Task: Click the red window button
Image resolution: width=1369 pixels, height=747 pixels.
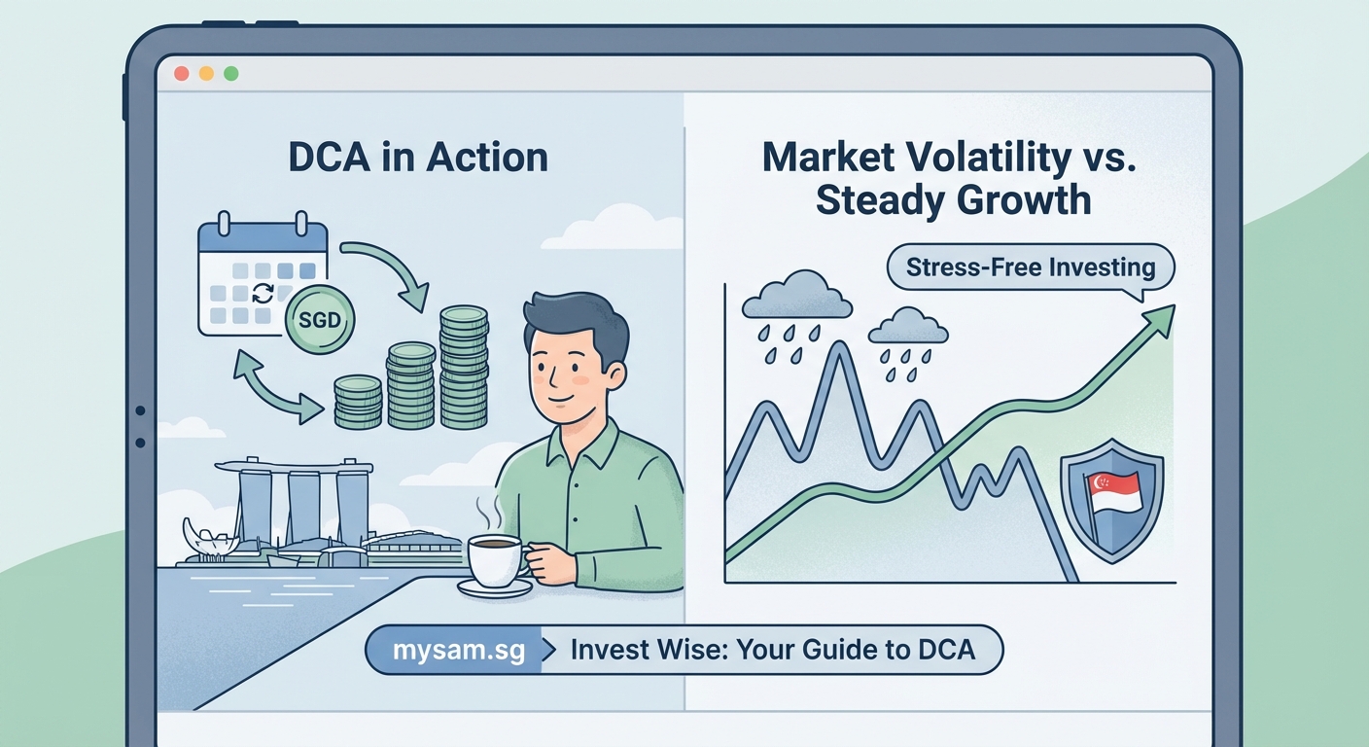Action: tap(180, 74)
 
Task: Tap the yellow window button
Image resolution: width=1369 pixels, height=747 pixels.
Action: tap(205, 74)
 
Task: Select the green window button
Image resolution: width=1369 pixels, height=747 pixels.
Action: tap(230, 74)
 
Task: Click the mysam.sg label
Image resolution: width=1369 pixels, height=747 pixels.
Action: tap(451, 649)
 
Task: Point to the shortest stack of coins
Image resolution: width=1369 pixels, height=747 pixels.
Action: tap(357, 401)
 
